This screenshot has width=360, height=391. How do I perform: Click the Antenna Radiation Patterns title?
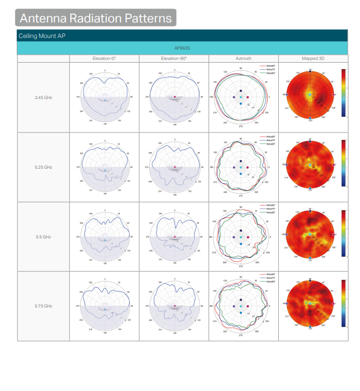pyautogui.click(x=96, y=18)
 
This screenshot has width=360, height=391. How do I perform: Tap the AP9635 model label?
pyautogui.click(x=183, y=48)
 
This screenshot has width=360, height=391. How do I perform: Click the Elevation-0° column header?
pyautogui.click(x=104, y=59)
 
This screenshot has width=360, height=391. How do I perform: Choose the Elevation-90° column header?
pyautogui.click(x=174, y=59)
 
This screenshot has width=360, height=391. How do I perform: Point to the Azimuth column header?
pyautogui.click(x=243, y=59)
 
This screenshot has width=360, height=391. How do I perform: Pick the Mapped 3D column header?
pyautogui.click(x=313, y=59)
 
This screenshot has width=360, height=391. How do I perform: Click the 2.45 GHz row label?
pyautogui.click(x=44, y=97)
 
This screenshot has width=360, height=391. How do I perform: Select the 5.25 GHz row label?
pyautogui.click(x=44, y=167)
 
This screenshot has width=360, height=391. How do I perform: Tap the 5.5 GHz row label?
pyautogui.click(x=44, y=237)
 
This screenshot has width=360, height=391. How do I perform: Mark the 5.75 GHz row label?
pyautogui.click(x=44, y=306)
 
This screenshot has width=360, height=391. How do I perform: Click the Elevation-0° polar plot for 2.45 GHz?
pyautogui.click(x=104, y=97)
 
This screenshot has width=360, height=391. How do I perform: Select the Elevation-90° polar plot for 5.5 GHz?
pyautogui.click(x=174, y=237)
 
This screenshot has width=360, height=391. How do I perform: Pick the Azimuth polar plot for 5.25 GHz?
pyautogui.click(x=240, y=167)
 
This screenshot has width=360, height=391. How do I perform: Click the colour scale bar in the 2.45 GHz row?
pyautogui.click(x=343, y=93)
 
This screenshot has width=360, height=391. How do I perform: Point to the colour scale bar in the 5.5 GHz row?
pyautogui.click(x=343, y=233)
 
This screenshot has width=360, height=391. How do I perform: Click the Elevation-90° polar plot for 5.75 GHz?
pyautogui.click(x=174, y=306)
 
